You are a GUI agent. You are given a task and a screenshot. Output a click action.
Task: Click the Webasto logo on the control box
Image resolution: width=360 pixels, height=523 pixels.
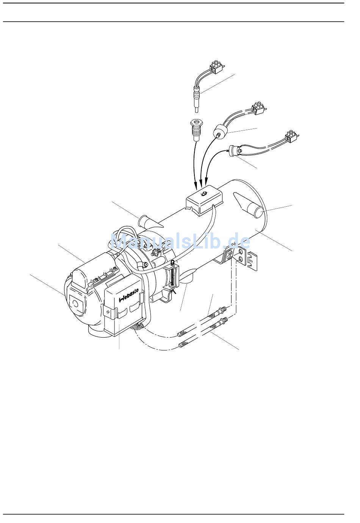(x=128, y=295)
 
